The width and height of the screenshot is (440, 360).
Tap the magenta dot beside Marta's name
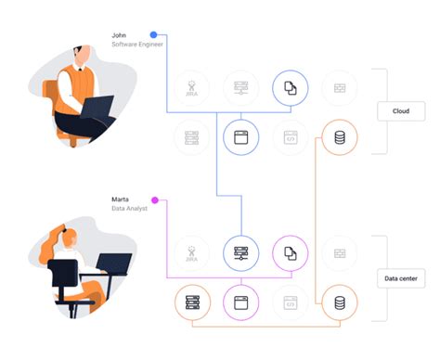tap(154, 199)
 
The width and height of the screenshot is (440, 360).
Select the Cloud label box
tap(401, 110)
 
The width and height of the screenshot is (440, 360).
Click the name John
tap(119, 35)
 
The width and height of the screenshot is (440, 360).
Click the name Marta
tap(121, 199)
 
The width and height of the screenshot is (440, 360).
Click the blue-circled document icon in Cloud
tap(290, 87)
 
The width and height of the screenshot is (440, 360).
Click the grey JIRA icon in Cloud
tap(191, 87)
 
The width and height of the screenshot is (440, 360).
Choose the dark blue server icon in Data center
tap(240, 252)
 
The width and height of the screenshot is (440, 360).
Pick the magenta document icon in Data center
tap(290, 252)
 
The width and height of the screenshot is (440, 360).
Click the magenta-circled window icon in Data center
tap(240, 302)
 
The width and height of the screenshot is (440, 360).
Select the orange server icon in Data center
tap(192, 302)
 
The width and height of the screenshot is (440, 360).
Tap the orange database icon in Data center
tap(339, 302)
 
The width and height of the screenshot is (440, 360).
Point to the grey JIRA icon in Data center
tap(191, 252)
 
